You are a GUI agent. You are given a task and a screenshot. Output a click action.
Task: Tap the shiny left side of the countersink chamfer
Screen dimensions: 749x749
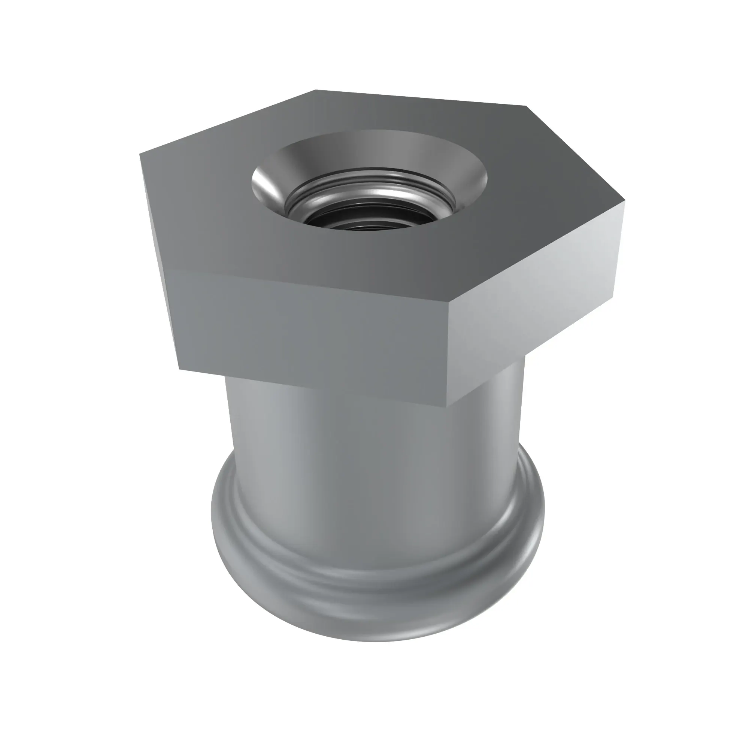tap(267, 182)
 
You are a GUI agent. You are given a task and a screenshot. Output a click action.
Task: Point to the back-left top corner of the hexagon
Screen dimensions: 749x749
tap(316, 90)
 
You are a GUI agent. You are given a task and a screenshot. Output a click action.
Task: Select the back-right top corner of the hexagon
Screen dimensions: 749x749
tap(526, 106)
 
